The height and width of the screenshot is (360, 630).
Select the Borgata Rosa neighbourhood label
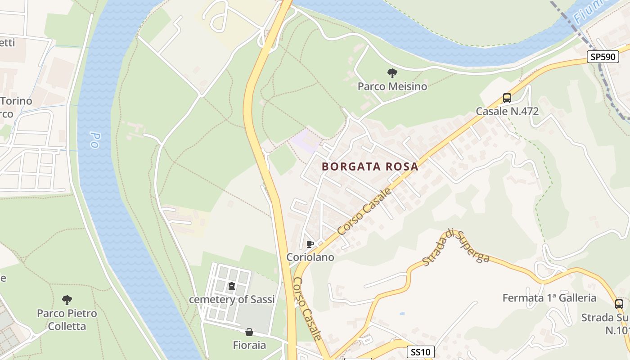tap(370, 166)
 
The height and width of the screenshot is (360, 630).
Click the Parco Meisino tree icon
tap(392, 73)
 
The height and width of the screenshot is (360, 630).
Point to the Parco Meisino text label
tap(392, 86)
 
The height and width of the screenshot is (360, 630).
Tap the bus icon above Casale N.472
tap(507, 98)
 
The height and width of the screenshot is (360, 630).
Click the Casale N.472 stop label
tap(507, 111)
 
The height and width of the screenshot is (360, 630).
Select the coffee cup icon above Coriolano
tap(310, 244)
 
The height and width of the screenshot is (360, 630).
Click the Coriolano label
tap(310, 257)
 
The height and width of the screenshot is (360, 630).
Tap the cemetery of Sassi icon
tap(231, 286)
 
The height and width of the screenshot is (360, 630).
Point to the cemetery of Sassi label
tap(231, 299)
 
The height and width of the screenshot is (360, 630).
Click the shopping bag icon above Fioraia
tap(249, 333)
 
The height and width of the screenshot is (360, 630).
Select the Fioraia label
tap(249, 346)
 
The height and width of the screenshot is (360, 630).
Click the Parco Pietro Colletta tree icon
tap(67, 300)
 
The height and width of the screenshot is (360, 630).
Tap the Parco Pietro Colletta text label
tap(67, 319)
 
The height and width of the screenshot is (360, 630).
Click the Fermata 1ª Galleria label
tap(549, 298)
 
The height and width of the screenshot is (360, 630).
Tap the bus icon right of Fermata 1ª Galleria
tap(619, 304)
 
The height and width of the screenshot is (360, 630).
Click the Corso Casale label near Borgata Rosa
tap(364, 211)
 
